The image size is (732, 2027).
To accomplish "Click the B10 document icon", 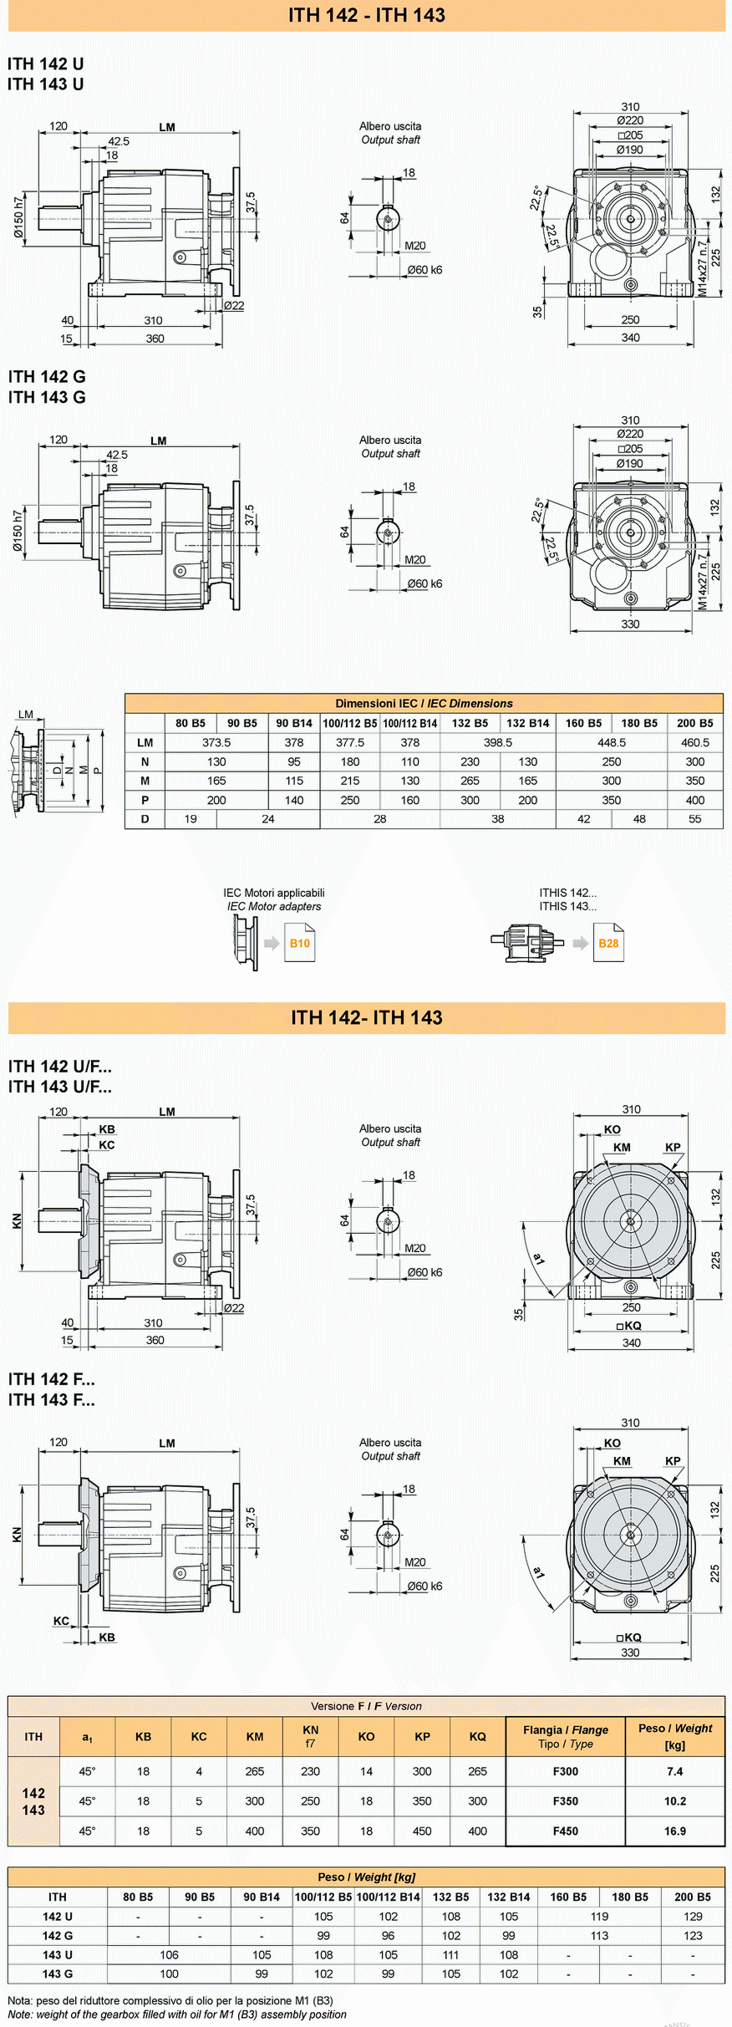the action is click(300, 943).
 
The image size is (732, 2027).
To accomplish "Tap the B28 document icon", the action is click(608, 943).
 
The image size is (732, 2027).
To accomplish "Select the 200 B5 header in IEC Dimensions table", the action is click(695, 723).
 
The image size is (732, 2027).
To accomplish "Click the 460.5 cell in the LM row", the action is click(695, 742).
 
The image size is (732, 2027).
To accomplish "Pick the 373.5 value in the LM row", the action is click(216, 742).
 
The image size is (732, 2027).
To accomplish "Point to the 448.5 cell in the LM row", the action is click(612, 742).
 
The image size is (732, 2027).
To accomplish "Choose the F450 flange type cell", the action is click(566, 1831).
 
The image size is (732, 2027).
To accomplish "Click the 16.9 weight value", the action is click(675, 1831).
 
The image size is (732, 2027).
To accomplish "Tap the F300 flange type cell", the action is click(566, 1770).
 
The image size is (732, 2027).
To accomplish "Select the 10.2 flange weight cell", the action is click(675, 1800).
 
